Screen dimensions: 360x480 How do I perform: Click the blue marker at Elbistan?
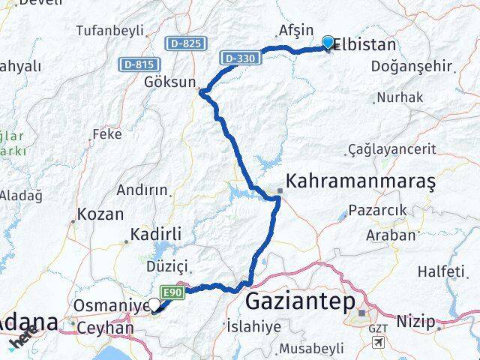coord(328,43)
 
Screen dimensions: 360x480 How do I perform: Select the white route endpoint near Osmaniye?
coord(154,304)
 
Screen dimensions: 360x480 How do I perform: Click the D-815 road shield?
coord(136,65)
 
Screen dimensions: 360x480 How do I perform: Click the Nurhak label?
coord(400,97)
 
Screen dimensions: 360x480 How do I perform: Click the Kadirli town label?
coord(156,234)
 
